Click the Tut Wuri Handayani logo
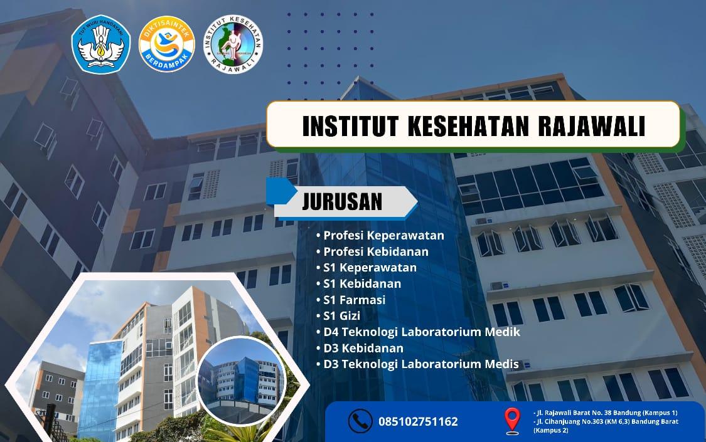(101, 44)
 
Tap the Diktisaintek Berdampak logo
(166, 44)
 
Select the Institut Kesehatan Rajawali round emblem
(233, 44)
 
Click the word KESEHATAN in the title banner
(468, 125)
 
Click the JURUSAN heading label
(342, 201)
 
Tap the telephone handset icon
(360, 421)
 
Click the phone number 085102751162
(418, 422)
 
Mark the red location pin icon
(512, 421)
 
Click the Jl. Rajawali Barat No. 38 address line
(605, 413)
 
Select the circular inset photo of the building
(242, 380)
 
